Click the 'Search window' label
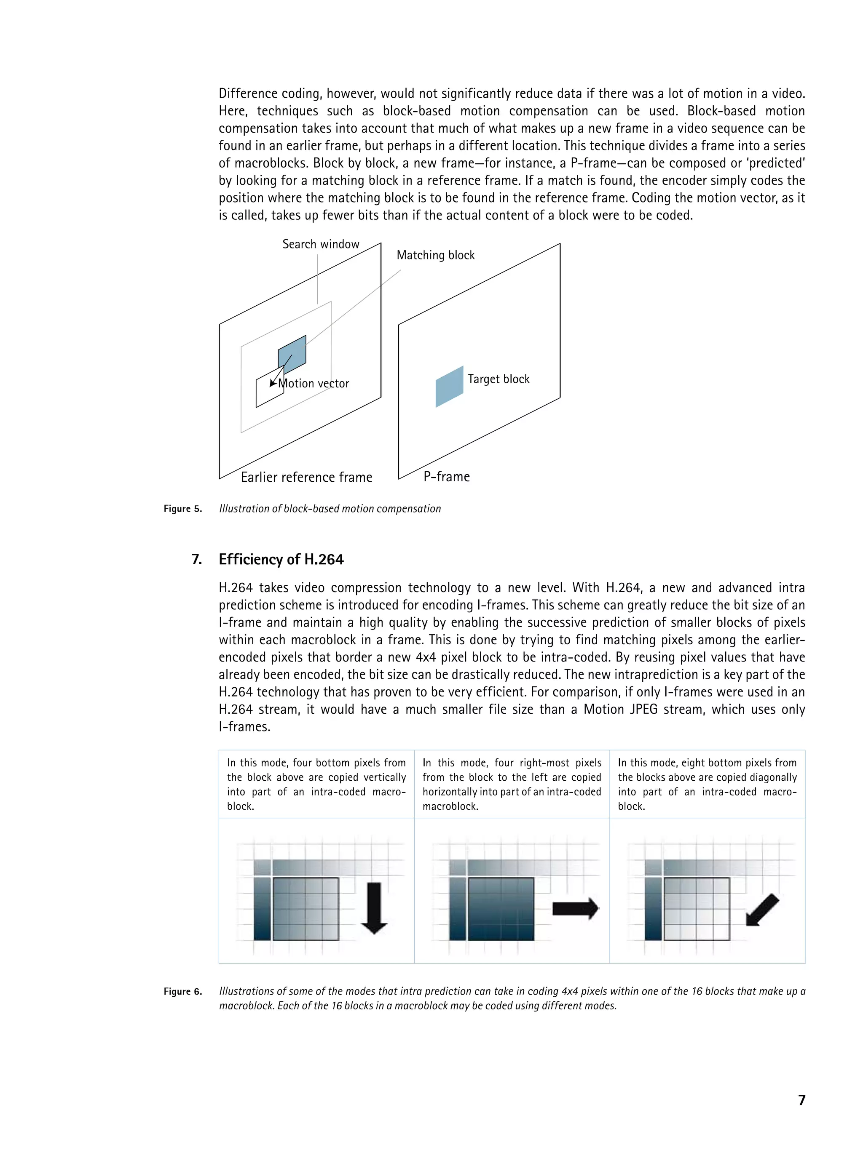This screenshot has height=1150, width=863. (x=320, y=244)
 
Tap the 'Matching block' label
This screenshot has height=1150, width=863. (x=435, y=255)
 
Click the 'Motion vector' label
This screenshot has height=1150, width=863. (x=314, y=384)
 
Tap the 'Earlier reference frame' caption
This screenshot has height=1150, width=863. (x=306, y=477)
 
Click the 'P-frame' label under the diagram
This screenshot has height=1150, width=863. (x=446, y=477)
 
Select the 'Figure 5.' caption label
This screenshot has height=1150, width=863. (x=182, y=509)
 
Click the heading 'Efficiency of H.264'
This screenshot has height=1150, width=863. (x=281, y=559)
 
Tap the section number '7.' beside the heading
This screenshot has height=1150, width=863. (x=197, y=559)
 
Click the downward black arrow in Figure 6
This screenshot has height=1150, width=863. (x=373, y=908)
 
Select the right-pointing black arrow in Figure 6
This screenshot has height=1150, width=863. (x=575, y=909)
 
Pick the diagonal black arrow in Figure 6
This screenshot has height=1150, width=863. (x=762, y=910)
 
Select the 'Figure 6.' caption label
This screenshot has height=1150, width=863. (x=182, y=991)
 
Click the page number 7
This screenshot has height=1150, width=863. (x=801, y=1099)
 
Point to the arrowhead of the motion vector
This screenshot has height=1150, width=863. (x=272, y=384)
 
